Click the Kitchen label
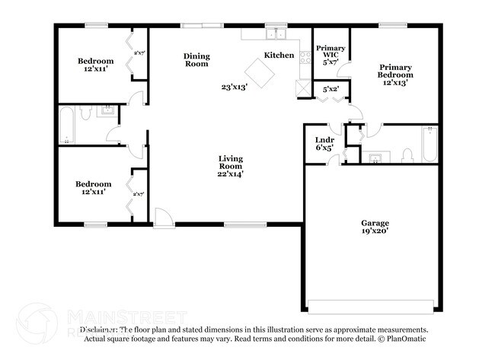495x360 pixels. pos(279,55)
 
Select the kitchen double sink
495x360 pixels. pos(275,34)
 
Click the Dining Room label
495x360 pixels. pos(196,60)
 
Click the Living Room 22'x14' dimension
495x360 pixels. pos(230,174)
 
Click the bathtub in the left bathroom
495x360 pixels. pos(67,126)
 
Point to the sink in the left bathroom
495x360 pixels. pos(107,112)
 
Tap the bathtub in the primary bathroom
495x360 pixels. pos(428,145)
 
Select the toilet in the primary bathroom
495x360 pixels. pos(407,156)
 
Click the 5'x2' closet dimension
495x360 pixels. pos(331,89)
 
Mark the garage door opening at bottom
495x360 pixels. pos(372,306)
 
